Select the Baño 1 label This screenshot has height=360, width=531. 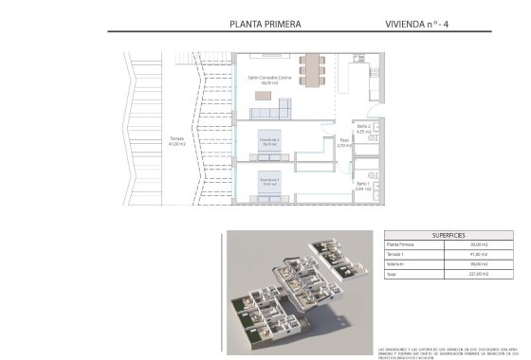click(x=361, y=187)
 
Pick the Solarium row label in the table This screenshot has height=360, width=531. click(x=398, y=265)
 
